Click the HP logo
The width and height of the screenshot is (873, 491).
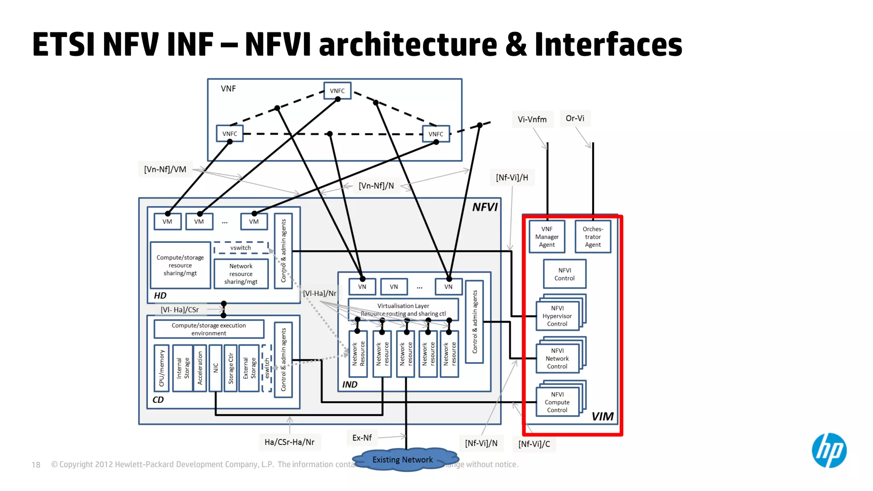coord(829,450)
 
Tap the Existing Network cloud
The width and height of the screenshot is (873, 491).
coord(402,459)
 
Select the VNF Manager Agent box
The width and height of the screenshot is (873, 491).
coord(547,237)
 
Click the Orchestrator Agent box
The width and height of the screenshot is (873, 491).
coord(593,237)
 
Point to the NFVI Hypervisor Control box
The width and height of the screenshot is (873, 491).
coord(557,316)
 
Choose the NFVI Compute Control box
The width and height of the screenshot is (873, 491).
coord(557,402)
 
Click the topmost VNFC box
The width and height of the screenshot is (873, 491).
coord(337,91)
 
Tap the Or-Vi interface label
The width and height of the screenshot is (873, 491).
coord(575,118)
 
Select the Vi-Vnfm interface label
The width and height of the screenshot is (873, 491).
coord(532,119)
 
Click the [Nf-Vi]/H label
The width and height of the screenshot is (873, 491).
coord(512,177)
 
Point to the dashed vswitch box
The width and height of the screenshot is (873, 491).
coord(241,248)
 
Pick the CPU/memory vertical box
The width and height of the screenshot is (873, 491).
coord(162,368)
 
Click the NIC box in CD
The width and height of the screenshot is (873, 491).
coord(216,368)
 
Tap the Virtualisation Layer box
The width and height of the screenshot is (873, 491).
coord(403,309)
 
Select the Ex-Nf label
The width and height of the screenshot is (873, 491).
coord(362,438)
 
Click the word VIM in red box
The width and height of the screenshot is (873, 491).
coord(602,416)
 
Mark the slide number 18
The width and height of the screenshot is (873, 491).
coord(36,465)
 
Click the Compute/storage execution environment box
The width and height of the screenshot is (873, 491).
coord(209,329)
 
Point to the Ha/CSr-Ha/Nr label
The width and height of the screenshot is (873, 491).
coord(289,442)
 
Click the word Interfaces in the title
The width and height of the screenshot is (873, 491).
coord(608,45)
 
